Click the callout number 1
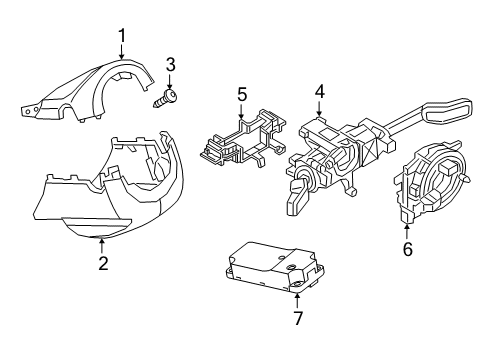click(122, 36)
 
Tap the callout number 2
click(103, 263)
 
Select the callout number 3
click(170, 65)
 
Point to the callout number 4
click(319, 91)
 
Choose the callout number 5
click(242, 94)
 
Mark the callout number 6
click(408, 249)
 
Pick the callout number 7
click(298, 318)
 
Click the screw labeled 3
click(165, 98)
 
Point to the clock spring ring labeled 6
click(430, 182)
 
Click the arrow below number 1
click(122, 52)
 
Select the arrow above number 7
click(297, 300)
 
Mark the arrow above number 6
click(407, 233)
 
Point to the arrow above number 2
click(102, 245)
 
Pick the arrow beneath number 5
click(242, 111)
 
